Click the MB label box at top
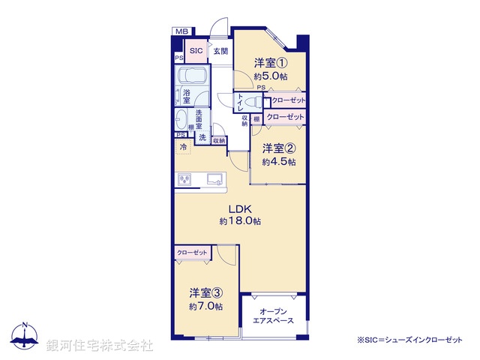coord(181,31)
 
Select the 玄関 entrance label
coord(220,51)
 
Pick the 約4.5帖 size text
coord(279,161)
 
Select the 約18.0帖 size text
coord(240,222)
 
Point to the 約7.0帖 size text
coord(205,306)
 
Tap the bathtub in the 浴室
coord(193,78)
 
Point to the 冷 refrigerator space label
coord(183,148)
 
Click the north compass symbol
coord(25,338)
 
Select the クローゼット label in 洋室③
coord(192,253)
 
